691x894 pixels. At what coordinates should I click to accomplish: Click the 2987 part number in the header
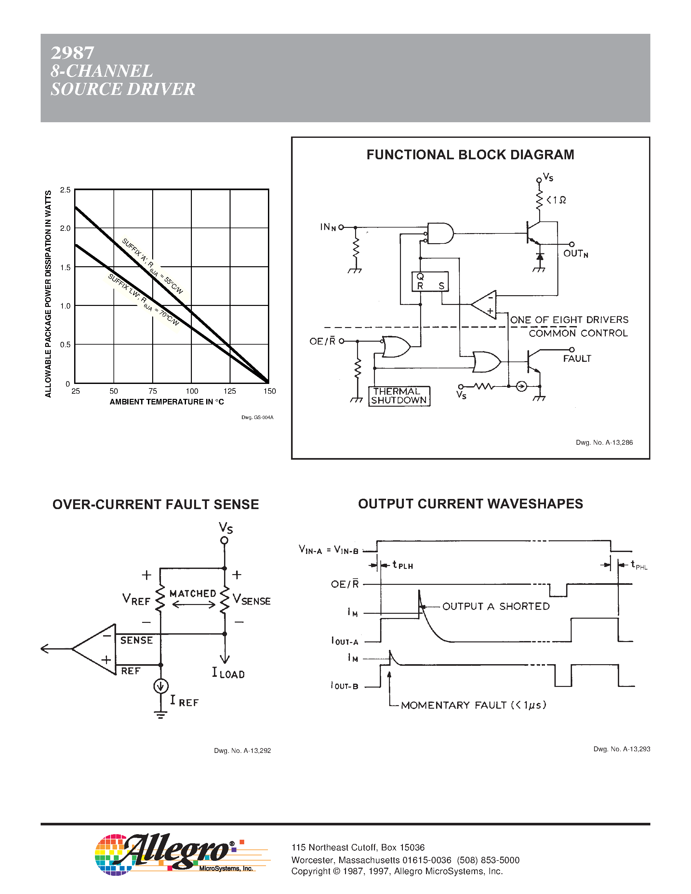(73, 53)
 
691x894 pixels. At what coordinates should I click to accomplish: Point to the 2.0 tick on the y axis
(65, 229)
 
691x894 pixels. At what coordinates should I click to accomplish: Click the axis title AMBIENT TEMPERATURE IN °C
(166, 402)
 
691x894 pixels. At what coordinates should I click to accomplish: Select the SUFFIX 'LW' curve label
(143, 300)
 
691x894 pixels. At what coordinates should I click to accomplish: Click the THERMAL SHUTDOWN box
(399, 396)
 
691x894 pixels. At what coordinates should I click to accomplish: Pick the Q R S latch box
(430, 282)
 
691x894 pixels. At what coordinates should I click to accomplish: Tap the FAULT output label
(577, 359)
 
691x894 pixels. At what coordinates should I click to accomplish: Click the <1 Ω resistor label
(556, 200)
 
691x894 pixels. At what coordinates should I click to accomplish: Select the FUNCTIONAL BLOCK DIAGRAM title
(470, 155)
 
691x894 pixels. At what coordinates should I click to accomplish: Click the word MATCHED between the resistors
(193, 594)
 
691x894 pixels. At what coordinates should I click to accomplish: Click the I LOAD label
(228, 673)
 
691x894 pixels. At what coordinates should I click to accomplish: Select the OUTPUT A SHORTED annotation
(496, 607)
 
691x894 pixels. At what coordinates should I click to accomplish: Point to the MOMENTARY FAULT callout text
(473, 705)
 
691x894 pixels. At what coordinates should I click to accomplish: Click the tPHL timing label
(639, 565)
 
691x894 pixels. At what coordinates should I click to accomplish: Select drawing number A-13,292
(242, 751)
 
